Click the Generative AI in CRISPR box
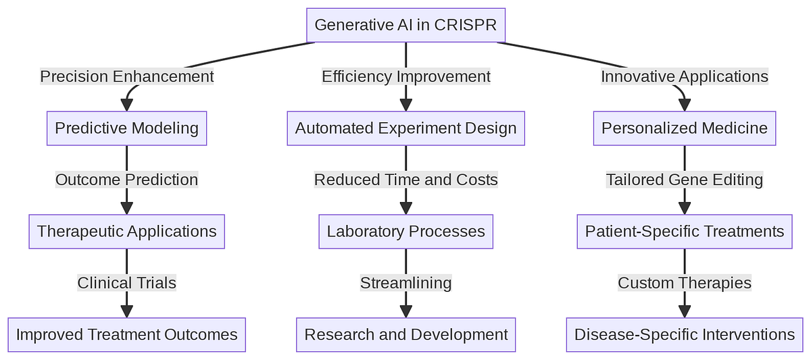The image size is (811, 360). tap(405, 25)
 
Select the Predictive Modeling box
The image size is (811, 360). tap(126, 128)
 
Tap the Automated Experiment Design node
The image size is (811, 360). tap(405, 128)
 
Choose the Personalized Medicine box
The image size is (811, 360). tap(684, 128)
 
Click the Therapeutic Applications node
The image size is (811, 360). tap(126, 232)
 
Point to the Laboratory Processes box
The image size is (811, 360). tap(405, 232)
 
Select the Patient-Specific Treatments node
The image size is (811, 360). tap(684, 232)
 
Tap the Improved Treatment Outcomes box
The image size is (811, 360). tap(126, 334)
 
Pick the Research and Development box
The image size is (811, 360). tap(405, 334)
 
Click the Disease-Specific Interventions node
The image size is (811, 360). tap(684, 334)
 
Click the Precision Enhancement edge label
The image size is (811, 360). tap(126, 76)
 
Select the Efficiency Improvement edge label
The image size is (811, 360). tap(405, 76)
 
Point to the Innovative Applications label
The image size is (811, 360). tap(684, 76)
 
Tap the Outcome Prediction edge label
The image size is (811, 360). tap(126, 180)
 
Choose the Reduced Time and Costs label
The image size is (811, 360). tap(405, 180)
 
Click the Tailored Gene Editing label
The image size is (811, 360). tap(684, 180)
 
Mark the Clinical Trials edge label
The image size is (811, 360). tap(126, 283)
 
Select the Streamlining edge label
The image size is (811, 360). tap(405, 283)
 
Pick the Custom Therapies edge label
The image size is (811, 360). tap(684, 283)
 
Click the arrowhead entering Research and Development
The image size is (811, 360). tap(405, 311)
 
